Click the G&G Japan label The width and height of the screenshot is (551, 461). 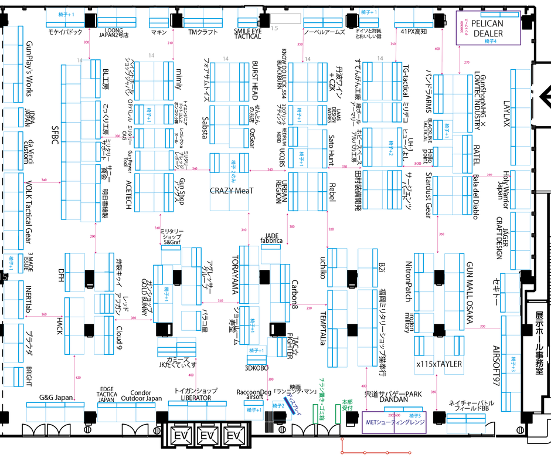point(56,398)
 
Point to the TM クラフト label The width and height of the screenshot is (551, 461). point(202,33)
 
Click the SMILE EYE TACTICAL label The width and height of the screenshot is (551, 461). point(248,33)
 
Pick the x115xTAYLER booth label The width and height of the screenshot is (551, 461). point(439,364)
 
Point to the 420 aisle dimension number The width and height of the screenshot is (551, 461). point(78,377)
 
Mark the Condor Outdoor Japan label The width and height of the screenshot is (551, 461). point(141,396)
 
